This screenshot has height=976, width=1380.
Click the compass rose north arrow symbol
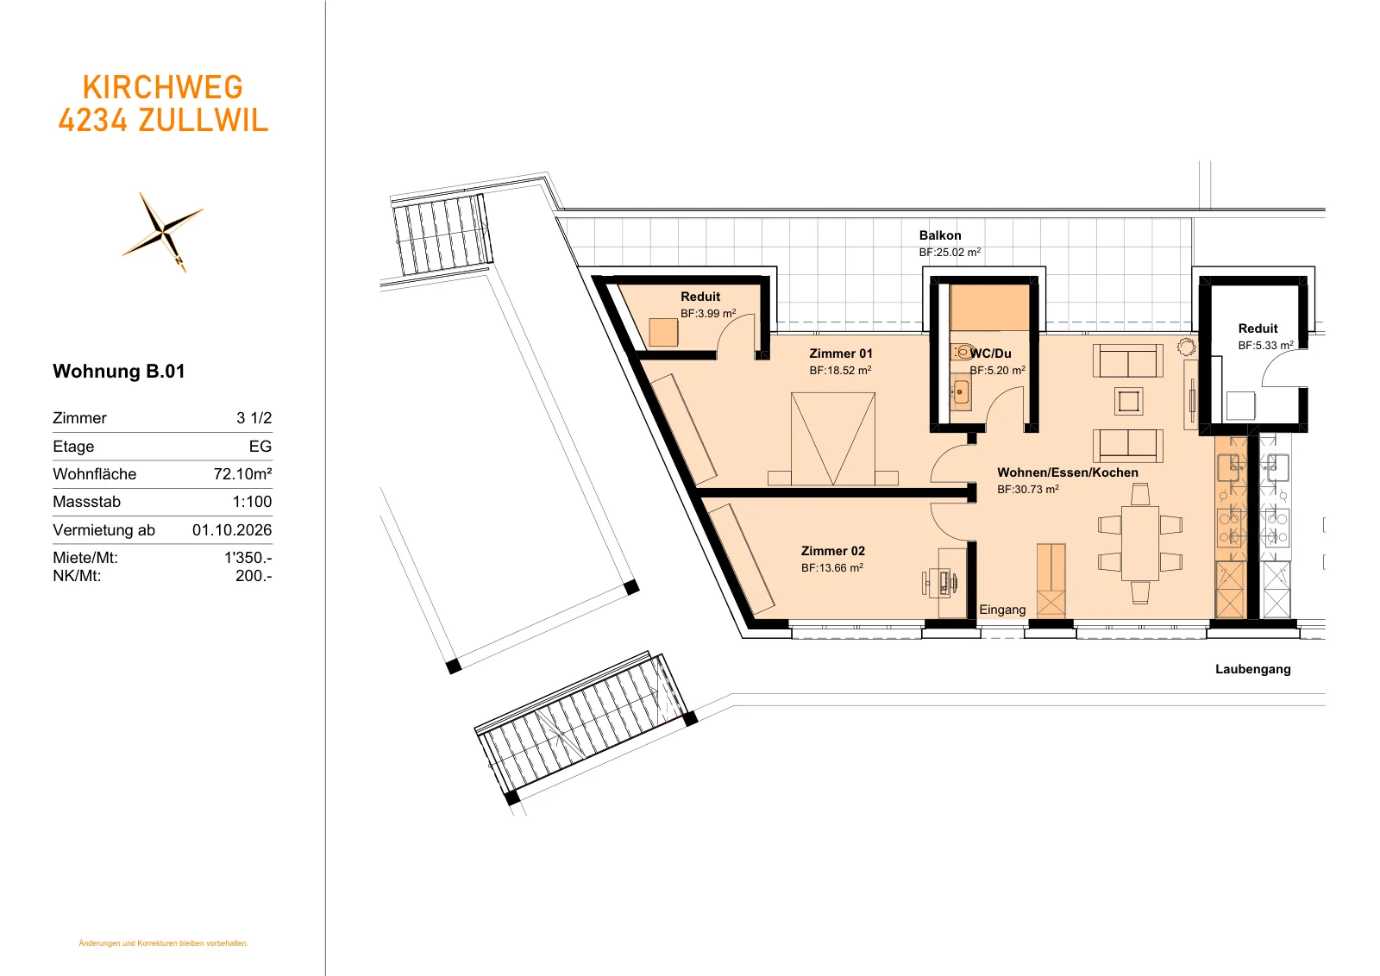[x=163, y=232]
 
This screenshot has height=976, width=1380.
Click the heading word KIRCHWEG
[x=163, y=87]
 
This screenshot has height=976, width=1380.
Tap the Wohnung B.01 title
[x=119, y=372]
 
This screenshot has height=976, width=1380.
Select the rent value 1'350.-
[x=248, y=557]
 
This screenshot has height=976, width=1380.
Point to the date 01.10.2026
[x=232, y=529]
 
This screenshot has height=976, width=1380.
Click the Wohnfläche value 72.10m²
[x=242, y=473]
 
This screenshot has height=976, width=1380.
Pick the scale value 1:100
[x=252, y=501]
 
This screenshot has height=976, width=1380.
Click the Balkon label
[x=940, y=235]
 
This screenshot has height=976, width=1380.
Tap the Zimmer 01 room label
[x=841, y=353]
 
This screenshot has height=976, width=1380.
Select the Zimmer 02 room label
[x=833, y=550]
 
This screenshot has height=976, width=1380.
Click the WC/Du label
[x=991, y=353]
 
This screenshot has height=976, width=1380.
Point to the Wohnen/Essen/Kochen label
[x=1068, y=472]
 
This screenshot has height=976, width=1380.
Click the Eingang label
[x=1002, y=610]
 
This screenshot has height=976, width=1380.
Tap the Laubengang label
[x=1252, y=669]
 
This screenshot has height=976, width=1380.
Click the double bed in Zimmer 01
[x=833, y=439]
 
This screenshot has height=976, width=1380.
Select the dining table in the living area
[x=1139, y=543]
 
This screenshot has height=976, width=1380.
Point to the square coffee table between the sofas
[x=1129, y=402]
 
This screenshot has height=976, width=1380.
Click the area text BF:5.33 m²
[x=1265, y=346]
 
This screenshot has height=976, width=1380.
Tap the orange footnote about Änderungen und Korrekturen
[x=163, y=942]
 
